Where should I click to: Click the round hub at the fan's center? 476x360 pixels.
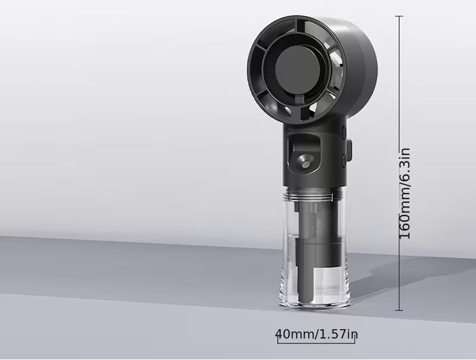pos(296,72)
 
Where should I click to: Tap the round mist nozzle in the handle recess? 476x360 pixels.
pos(305,161)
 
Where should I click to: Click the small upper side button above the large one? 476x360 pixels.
pos(345,132)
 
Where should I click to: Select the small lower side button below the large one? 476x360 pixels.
pos(345,161)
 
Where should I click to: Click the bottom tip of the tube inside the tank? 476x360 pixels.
pos(305,300)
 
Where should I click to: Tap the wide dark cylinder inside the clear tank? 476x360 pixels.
pos(318,251)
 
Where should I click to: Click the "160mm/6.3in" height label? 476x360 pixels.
pos(405,193)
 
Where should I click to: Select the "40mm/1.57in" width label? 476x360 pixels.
pos(317,334)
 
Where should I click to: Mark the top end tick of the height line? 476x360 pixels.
pos(399,16)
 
